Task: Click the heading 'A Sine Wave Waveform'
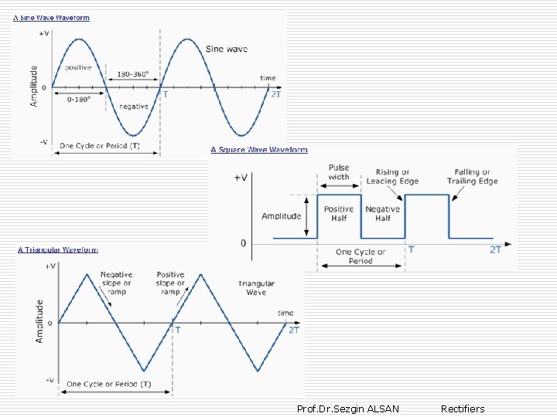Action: [51, 18]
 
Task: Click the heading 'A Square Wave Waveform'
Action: [259, 150]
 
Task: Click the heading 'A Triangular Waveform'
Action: [58, 249]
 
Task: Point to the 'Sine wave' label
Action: [226, 49]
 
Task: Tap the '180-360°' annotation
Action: [134, 75]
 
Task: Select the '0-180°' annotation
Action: [79, 99]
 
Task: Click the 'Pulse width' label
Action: [339, 172]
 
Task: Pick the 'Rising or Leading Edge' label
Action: [392, 177]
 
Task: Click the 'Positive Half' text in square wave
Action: [339, 213]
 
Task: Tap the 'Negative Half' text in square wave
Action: [382, 213]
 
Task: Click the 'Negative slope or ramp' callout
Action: [116, 283]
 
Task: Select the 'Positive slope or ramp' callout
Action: [170, 283]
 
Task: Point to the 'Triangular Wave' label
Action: [256, 288]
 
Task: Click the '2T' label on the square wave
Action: [495, 249]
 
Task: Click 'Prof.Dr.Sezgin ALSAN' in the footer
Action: [348, 409]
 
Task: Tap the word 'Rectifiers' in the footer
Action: [463, 409]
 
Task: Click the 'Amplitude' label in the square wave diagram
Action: [282, 216]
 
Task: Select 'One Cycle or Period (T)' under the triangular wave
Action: [109, 384]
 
